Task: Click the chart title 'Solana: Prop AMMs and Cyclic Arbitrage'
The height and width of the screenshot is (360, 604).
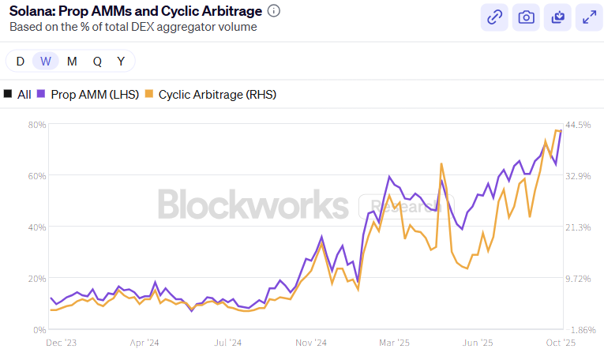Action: coord(133,11)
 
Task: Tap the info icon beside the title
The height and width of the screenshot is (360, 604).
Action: coord(274,11)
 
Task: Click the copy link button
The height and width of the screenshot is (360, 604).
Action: coord(495,17)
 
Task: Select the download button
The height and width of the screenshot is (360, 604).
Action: coord(557,17)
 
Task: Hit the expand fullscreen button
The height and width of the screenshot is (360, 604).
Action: coord(588,17)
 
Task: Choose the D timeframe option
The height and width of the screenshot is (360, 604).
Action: coord(21,61)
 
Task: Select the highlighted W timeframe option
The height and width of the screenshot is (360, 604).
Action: coord(46,61)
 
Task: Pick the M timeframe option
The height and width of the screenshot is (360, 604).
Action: coord(72,61)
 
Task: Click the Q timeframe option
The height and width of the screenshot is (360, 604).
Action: coord(96,61)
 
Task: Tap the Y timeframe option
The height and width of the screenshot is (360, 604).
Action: coord(121,61)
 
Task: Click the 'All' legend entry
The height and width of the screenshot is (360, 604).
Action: coord(18,94)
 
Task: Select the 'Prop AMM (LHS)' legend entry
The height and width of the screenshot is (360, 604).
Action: coord(88,94)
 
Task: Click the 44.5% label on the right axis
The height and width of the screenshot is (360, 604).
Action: coord(578,125)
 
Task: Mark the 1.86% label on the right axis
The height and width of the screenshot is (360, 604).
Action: coord(578,329)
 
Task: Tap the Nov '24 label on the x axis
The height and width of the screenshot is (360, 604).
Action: coord(311,343)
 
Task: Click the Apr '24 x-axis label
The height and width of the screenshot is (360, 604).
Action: coord(144,343)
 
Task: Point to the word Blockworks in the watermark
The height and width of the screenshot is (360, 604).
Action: coord(253,204)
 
